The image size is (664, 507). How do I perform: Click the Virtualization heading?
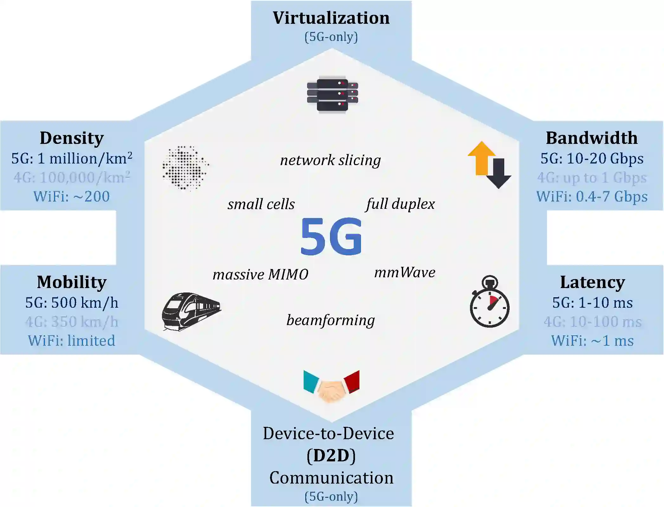point(331,18)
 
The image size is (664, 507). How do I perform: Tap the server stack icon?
point(332,94)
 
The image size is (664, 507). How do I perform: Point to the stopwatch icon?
point(489,303)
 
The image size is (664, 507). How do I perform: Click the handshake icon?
point(331,387)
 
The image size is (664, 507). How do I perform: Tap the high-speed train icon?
point(191,311)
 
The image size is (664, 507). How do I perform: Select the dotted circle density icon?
point(185,168)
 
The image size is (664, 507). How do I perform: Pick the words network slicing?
point(330,160)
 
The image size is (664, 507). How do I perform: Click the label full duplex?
point(400,204)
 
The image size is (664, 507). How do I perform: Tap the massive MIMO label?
point(260,274)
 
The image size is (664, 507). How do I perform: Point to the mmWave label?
point(405,272)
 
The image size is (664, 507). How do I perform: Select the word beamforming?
point(331,320)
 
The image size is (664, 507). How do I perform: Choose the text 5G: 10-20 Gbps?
point(592,158)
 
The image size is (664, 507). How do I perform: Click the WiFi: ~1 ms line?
point(592,341)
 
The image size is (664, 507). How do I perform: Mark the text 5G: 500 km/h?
point(72,303)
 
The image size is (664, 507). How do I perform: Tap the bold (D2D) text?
point(331,456)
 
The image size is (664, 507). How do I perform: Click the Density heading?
point(72,138)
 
